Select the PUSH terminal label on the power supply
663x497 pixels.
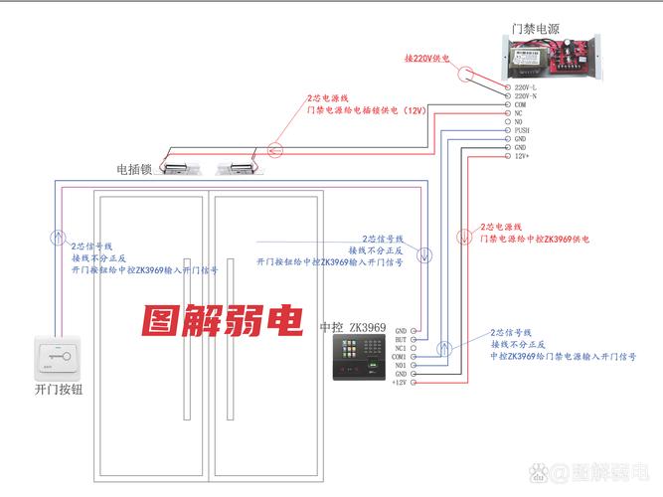[x=523, y=130]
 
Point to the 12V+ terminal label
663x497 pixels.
[x=522, y=156]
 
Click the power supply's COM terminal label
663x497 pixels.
[x=520, y=104]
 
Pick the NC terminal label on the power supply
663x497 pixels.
[x=518, y=113]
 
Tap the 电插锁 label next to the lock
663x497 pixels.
[x=133, y=169]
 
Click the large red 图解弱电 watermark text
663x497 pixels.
[x=221, y=321]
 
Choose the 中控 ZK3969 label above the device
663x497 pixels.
[x=352, y=328]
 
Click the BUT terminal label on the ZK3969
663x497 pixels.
[x=401, y=339]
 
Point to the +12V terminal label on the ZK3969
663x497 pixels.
[x=400, y=383]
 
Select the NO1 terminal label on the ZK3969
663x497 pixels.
[x=401, y=366]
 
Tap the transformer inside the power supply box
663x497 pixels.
[x=524, y=57]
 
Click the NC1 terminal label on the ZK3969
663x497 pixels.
[x=401, y=348]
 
